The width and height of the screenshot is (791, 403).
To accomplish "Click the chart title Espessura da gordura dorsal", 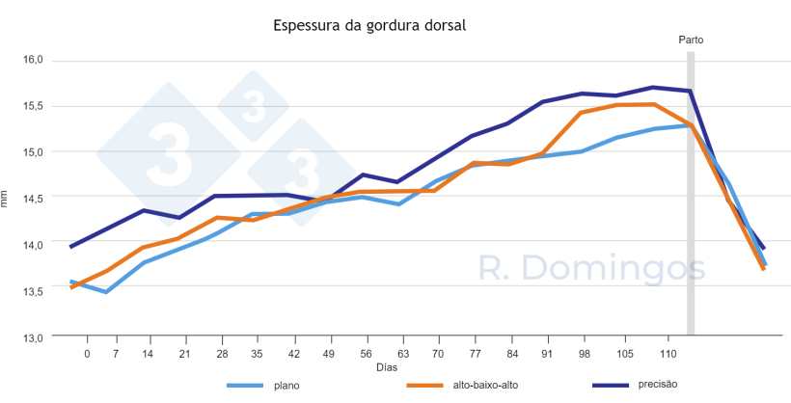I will pyautogui.click(x=369, y=25).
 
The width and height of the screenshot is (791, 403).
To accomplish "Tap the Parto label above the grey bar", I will pyautogui.click(x=691, y=40).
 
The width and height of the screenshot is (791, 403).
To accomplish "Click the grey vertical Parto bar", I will pyautogui.click(x=691, y=193).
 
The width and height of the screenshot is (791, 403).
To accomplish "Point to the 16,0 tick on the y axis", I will pyautogui.click(x=34, y=60).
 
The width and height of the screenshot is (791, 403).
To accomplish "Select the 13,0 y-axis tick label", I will pyautogui.click(x=34, y=337).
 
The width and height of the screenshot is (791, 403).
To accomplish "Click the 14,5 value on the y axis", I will pyautogui.click(x=34, y=199).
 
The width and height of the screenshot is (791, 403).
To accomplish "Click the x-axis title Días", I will pyautogui.click(x=387, y=367).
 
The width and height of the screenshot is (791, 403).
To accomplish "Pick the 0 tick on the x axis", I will pyautogui.click(x=87, y=354).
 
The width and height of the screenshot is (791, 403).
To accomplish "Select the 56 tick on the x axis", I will pyautogui.click(x=364, y=354).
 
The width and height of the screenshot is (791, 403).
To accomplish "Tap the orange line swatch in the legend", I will pyautogui.click(x=430, y=386).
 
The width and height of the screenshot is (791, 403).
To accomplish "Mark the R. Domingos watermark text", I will pyautogui.click(x=593, y=269).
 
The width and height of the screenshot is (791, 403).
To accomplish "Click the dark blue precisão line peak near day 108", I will pyautogui.click(x=653, y=87).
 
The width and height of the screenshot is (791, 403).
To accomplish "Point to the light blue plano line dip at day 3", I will pyautogui.click(x=105, y=292).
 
